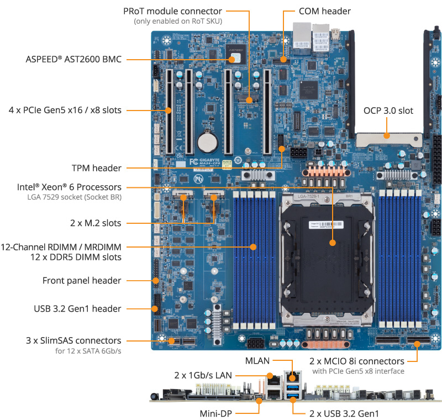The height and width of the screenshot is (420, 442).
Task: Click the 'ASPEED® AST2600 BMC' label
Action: tap(73, 59)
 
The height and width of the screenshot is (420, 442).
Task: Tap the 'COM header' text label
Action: tap(324, 11)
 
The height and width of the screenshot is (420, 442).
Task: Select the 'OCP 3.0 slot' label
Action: tap(388, 111)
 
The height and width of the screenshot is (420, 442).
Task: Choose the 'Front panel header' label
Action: tap(82, 280)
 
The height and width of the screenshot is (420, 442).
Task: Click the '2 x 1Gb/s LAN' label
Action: tap(200, 375)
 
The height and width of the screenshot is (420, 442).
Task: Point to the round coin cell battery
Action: tap(208, 141)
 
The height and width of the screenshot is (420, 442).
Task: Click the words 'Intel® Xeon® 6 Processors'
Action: tap(69, 187)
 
